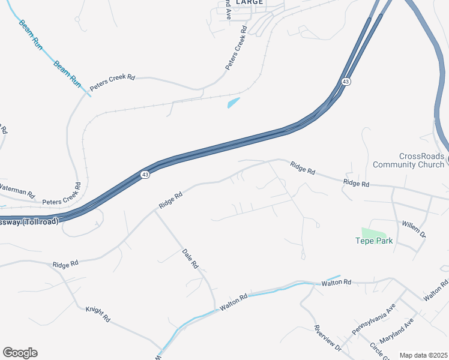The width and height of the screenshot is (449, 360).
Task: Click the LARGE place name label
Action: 249,2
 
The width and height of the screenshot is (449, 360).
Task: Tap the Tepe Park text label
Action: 374,241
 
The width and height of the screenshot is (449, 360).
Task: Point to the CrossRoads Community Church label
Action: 409,160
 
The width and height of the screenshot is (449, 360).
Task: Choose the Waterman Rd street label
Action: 17,191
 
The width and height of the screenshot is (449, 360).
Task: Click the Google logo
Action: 20,353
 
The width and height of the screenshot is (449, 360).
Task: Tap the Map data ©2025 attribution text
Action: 423,355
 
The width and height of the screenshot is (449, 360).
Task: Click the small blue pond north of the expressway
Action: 234,103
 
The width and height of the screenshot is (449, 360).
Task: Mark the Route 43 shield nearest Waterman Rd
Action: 145,175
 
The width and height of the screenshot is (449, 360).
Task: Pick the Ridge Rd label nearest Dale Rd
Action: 170,200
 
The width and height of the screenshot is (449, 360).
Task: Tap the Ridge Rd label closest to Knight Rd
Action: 65,264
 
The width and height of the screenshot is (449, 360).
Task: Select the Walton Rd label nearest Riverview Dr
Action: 336,282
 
